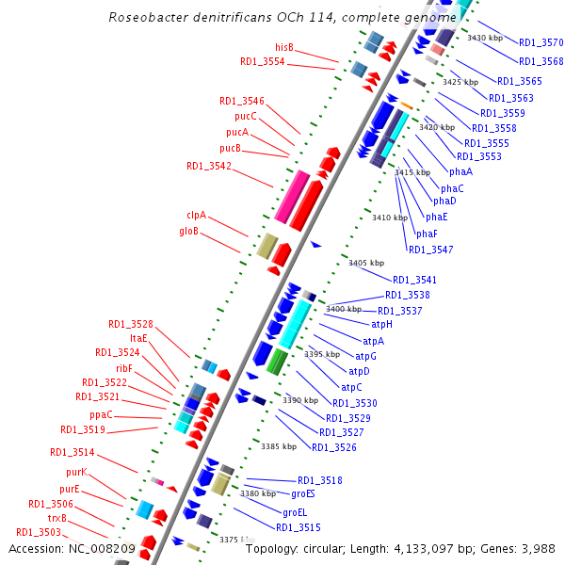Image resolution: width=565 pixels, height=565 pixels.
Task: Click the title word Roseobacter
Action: pyautogui.click(x=145, y=17)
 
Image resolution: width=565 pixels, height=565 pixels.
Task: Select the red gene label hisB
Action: pyautogui.click(x=284, y=47)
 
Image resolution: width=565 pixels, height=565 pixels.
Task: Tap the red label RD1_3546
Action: pyautogui.click(x=242, y=101)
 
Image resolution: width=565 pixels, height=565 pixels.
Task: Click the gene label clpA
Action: pyautogui.click(x=196, y=215)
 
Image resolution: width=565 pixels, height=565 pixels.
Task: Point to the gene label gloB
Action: pyautogui.click(x=189, y=231)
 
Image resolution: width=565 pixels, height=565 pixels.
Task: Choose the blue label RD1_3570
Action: pyautogui.click(x=541, y=42)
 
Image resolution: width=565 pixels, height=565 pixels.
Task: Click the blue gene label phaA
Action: pyautogui.click(x=460, y=171)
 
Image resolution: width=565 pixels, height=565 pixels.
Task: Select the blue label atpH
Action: pyautogui.click(x=381, y=324)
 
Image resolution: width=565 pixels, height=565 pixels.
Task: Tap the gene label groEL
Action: pyautogui.click(x=295, y=512)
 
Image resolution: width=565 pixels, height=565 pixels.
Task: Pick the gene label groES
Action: pyautogui.click(x=302, y=493)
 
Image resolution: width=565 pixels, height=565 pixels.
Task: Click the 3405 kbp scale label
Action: pyautogui.click(x=366, y=263)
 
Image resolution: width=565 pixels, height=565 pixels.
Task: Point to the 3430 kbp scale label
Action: pyautogui.click(x=485, y=38)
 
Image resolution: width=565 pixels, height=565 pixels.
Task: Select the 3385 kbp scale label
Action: pyautogui.click(x=279, y=446)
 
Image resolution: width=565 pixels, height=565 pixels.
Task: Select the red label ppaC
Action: pyautogui.click(x=101, y=414)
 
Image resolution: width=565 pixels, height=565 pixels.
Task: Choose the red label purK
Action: pyautogui.click(x=76, y=472)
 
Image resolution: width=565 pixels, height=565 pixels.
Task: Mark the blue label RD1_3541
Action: pyautogui.click(x=414, y=280)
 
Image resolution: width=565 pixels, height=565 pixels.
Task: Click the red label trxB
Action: pyautogui.click(x=57, y=518)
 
